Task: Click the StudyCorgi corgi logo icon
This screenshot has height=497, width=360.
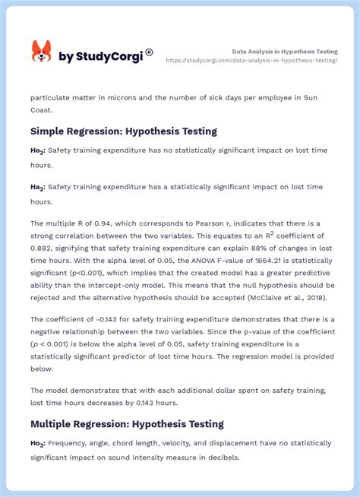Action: (41, 52)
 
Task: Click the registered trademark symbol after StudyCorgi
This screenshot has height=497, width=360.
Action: (149, 52)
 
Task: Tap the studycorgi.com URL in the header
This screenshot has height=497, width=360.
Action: (251, 59)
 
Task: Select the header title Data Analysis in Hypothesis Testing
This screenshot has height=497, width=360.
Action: (285, 51)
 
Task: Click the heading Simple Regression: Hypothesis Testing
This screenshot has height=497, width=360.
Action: (124, 131)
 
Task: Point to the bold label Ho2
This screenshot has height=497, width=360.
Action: (38, 151)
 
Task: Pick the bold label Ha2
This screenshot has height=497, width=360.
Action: (38, 187)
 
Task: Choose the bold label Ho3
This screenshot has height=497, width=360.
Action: (38, 443)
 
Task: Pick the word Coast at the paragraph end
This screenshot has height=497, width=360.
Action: (43, 111)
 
